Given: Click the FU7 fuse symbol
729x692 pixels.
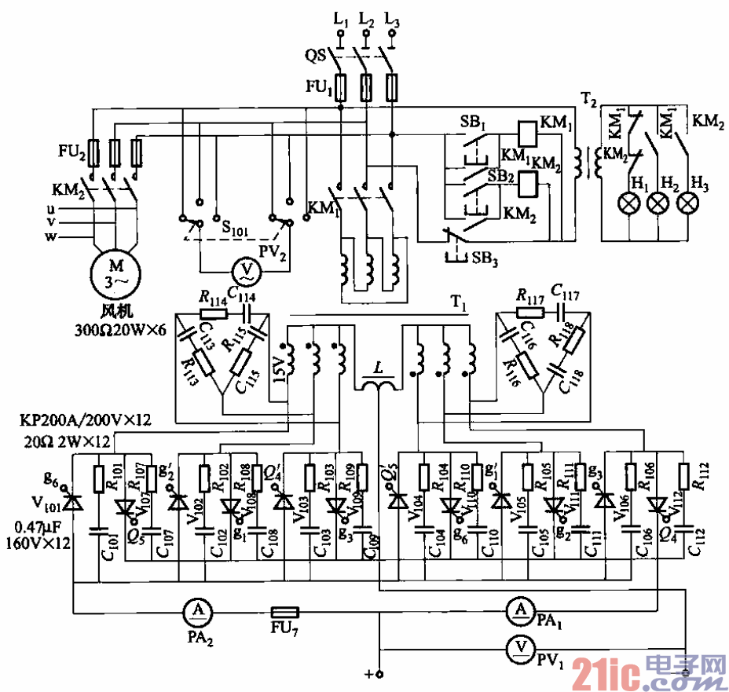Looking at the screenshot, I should point(284,611).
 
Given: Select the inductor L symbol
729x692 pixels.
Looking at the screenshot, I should point(380,385).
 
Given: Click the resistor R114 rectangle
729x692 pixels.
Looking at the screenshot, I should point(213,313).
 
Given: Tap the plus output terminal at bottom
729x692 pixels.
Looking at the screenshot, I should point(378,674).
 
